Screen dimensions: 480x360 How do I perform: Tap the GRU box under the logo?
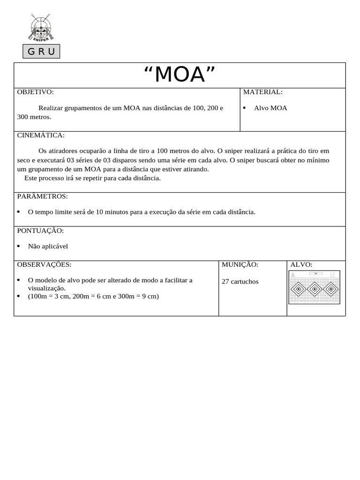(41, 52)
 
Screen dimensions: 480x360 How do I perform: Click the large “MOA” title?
(180, 75)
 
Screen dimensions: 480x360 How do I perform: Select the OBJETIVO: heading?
(36, 92)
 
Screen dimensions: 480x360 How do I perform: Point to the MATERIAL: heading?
(262, 92)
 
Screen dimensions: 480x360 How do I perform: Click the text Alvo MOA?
(270, 108)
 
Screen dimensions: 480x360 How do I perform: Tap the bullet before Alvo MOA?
(245, 108)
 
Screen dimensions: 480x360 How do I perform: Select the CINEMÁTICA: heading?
(41, 135)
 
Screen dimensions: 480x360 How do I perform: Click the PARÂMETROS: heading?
(43, 196)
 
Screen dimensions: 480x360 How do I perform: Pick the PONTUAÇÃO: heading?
(40, 231)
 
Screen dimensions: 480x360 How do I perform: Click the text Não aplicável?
(48, 246)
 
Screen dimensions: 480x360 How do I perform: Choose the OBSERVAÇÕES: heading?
(45, 264)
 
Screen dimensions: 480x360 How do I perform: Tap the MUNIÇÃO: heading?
(240, 264)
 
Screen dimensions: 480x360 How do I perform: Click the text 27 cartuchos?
(240, 282)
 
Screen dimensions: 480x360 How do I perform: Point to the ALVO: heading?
(301, 264)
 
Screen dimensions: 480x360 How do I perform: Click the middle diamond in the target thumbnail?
(314, 289)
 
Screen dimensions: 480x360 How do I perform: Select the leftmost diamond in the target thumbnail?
(298, 289)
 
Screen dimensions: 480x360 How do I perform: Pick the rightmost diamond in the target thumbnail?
(330, 289)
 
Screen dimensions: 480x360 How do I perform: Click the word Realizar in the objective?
(51, 108)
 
